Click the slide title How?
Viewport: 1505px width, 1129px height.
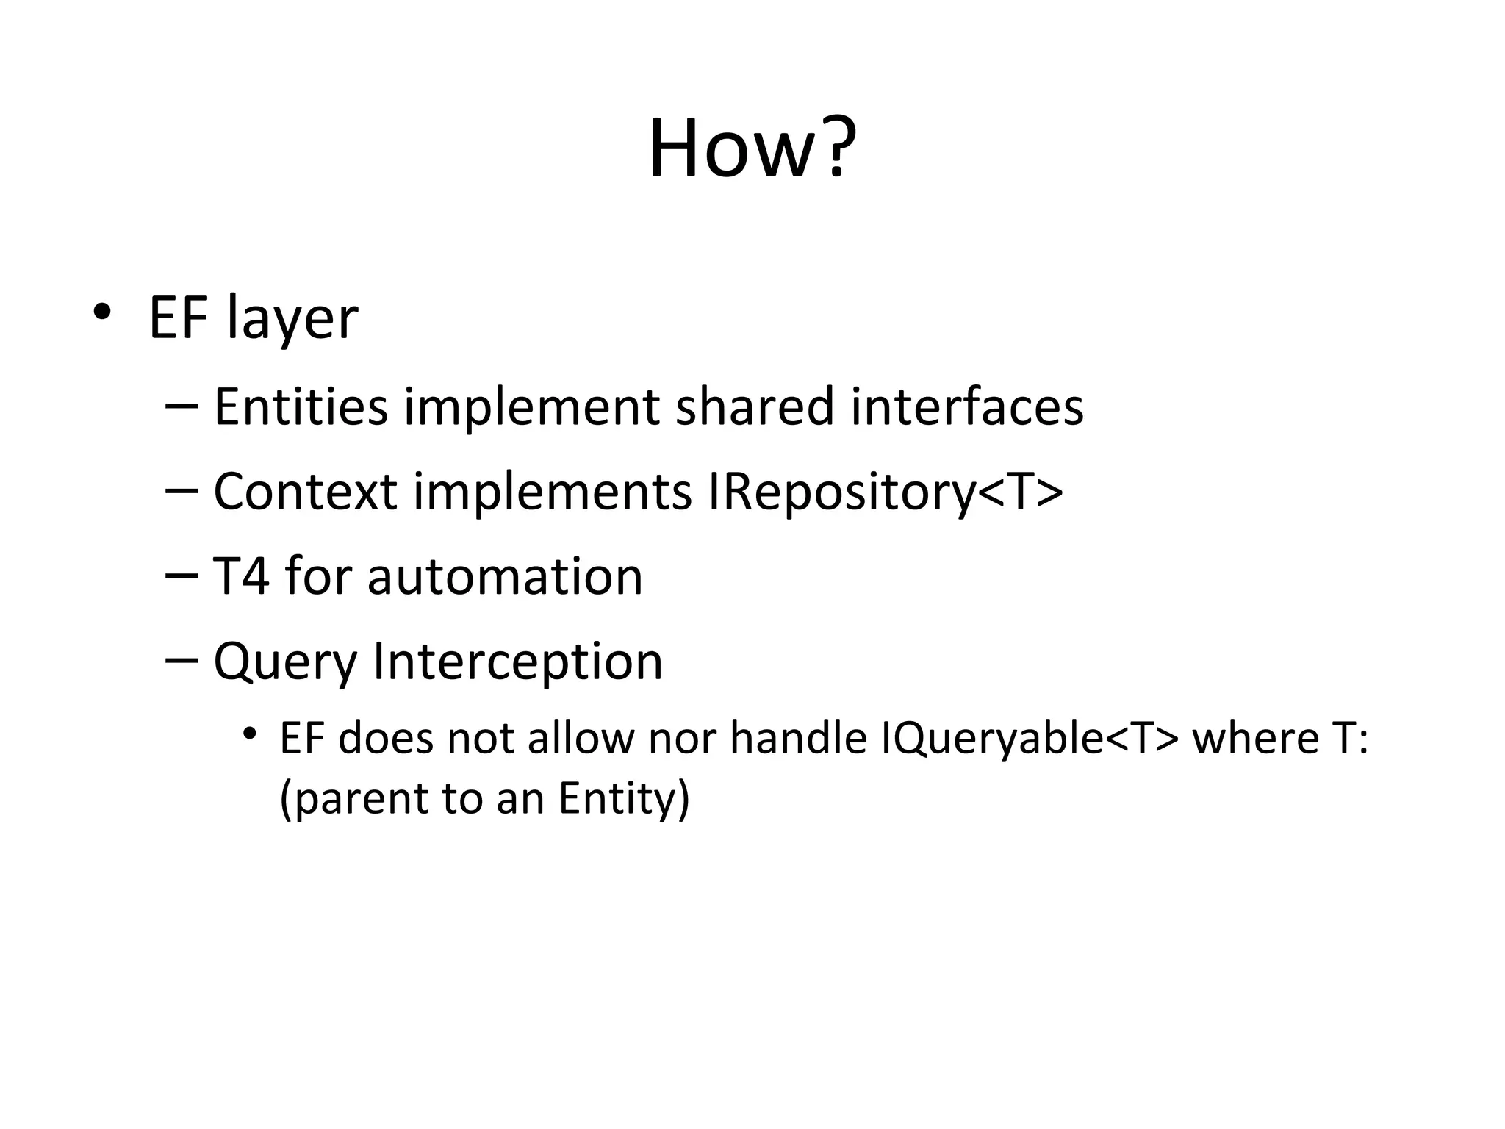point(752,149)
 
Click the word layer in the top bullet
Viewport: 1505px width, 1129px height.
point(292,319)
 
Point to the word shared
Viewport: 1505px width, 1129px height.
point(755,406)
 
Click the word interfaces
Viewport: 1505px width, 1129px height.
point(967,406)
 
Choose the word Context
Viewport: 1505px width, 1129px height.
point(305,492)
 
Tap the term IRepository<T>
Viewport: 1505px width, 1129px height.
point(886,492)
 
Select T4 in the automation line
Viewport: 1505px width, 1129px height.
point(241,576)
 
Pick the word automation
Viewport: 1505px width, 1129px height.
point(505,576)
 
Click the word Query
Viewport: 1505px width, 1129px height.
point(285,662)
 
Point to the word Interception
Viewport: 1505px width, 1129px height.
point(518,662)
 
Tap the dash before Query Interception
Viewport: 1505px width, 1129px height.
point(182,660)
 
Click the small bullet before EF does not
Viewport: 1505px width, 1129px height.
point(251,734)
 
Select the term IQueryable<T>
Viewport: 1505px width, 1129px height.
point(1029,739)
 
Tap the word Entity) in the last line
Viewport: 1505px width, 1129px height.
point(624,798)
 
